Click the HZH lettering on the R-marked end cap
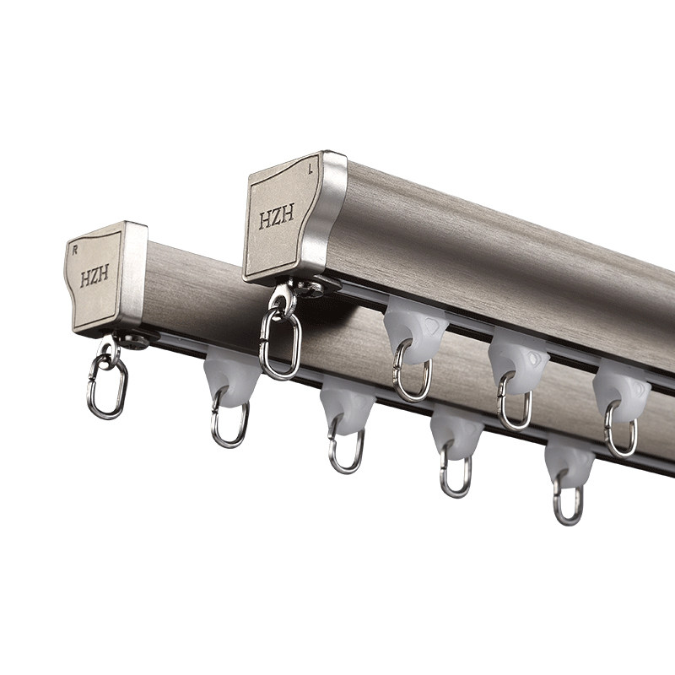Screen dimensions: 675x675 coord(94,275)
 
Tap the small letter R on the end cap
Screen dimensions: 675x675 coord(75,250)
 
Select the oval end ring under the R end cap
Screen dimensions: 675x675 coord(107,387)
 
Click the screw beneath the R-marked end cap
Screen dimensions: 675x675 coord(133,342)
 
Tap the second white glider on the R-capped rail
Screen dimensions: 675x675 coord(348,406)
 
